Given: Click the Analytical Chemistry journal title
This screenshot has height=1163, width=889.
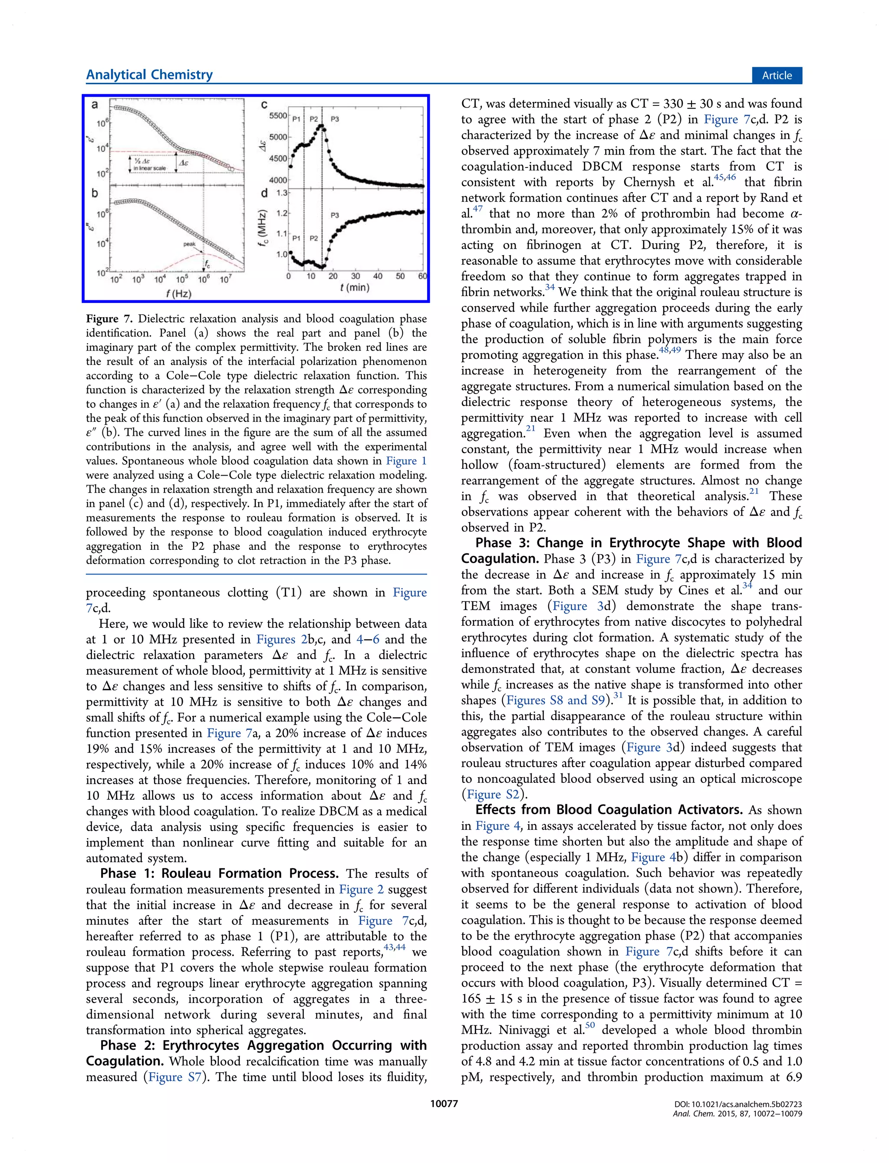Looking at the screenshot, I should [149, 75].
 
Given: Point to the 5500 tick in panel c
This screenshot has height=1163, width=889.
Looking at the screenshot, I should [278, 115].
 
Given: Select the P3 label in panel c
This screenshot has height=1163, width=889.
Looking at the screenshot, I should [335, 119].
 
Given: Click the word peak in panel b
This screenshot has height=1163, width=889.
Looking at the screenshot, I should [189, 244].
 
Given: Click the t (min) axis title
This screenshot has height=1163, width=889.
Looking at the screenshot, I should [355, 288].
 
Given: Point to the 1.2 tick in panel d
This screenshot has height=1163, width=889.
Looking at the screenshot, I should [282, 213].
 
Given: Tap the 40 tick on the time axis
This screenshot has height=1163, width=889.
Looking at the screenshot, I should [377, 276].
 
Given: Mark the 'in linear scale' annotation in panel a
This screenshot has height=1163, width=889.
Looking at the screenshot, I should [149, 168].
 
